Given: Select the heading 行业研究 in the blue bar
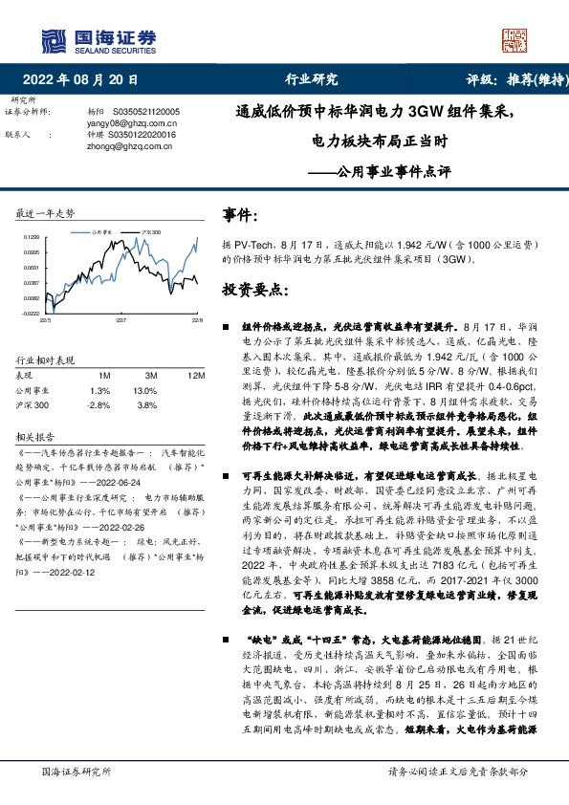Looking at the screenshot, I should click(312, 80).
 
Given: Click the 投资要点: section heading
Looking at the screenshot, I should click(252, 288).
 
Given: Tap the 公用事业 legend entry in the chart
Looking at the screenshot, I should click(106, 232).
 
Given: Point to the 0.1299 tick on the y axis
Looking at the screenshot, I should click(31, 236).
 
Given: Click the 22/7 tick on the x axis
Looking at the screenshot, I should click(121, 319).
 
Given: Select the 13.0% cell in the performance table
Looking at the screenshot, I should click(145, 390).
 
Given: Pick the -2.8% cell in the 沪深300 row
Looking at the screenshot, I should click(99, 405).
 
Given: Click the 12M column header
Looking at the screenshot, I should click(196, 376).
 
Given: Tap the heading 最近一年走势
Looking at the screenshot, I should click(46, 212).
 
